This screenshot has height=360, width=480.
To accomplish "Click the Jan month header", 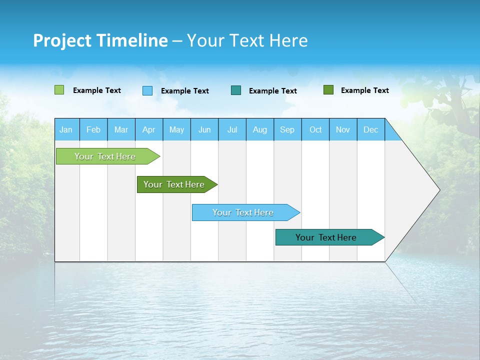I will tap(66, 130).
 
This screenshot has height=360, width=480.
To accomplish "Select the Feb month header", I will tap(93, 130).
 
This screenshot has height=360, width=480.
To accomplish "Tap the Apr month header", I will tap(148, 130).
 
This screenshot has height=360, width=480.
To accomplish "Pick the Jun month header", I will tap(204, 130).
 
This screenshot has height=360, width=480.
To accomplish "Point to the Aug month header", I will tap(260, 130).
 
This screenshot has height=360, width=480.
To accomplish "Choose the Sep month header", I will tap(287, 130).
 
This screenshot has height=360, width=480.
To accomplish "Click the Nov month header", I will tap(343, 130).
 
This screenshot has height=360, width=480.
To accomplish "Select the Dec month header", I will tap(370, 130).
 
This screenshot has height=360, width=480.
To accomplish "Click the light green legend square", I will tap(59, 90).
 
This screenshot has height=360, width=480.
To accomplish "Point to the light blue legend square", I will tap(147, 90).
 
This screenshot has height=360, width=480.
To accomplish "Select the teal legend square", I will tap(236, 90).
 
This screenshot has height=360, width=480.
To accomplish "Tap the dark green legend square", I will tap(328, 90).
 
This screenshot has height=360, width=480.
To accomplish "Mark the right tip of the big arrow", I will tap(439, 190).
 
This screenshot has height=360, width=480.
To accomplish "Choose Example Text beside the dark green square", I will tap(364, 90).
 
